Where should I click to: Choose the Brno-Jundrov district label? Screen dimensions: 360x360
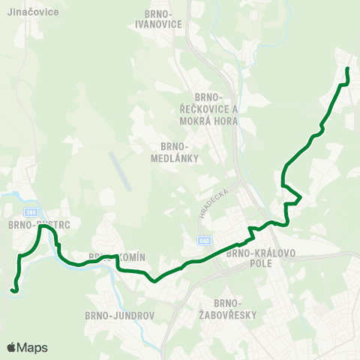point(121,316)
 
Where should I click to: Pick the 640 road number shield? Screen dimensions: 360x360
point(205,240)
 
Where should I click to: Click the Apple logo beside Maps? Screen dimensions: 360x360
point(11,347)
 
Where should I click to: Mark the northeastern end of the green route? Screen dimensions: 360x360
point(347,69)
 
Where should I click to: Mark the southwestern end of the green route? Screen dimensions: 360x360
point(13,289)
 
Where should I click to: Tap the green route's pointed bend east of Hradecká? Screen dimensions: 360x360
point(301,198)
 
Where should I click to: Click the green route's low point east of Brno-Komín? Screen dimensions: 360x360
point(154,281)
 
